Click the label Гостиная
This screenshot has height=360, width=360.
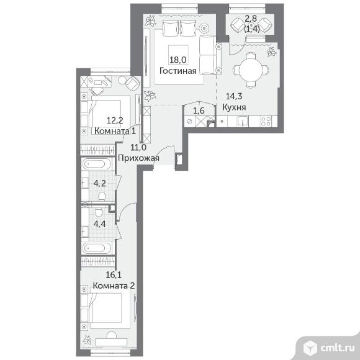coord(178,71)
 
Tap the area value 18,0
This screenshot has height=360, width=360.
coord(178,60)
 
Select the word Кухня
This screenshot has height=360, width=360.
coord(234,107)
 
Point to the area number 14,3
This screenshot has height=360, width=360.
coord(234,96)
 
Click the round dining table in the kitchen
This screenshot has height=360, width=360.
coord(251,70)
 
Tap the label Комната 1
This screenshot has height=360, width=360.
coord(115,131)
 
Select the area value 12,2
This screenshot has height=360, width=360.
coord(115,120)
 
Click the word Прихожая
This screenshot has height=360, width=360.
coord(138,158)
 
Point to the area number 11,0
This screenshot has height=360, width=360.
coord(138,147)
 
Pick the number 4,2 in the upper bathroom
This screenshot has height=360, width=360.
coord(100,184)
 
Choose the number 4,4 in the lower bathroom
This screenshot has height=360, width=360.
coord(100,224)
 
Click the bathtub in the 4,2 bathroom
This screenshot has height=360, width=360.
coord(97,164)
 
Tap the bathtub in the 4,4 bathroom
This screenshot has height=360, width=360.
coord(97,248)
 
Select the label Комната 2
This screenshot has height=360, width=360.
coord(114,286)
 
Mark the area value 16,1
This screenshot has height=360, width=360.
coord(114,274)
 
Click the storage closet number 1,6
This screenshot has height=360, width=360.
coord(199,111)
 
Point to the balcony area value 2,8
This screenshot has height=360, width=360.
coord(250,19)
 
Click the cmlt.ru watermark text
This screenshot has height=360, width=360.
coord(337,348)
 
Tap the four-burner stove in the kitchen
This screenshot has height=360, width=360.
coord(266,122)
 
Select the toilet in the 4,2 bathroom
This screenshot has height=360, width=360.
coord(101,196)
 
